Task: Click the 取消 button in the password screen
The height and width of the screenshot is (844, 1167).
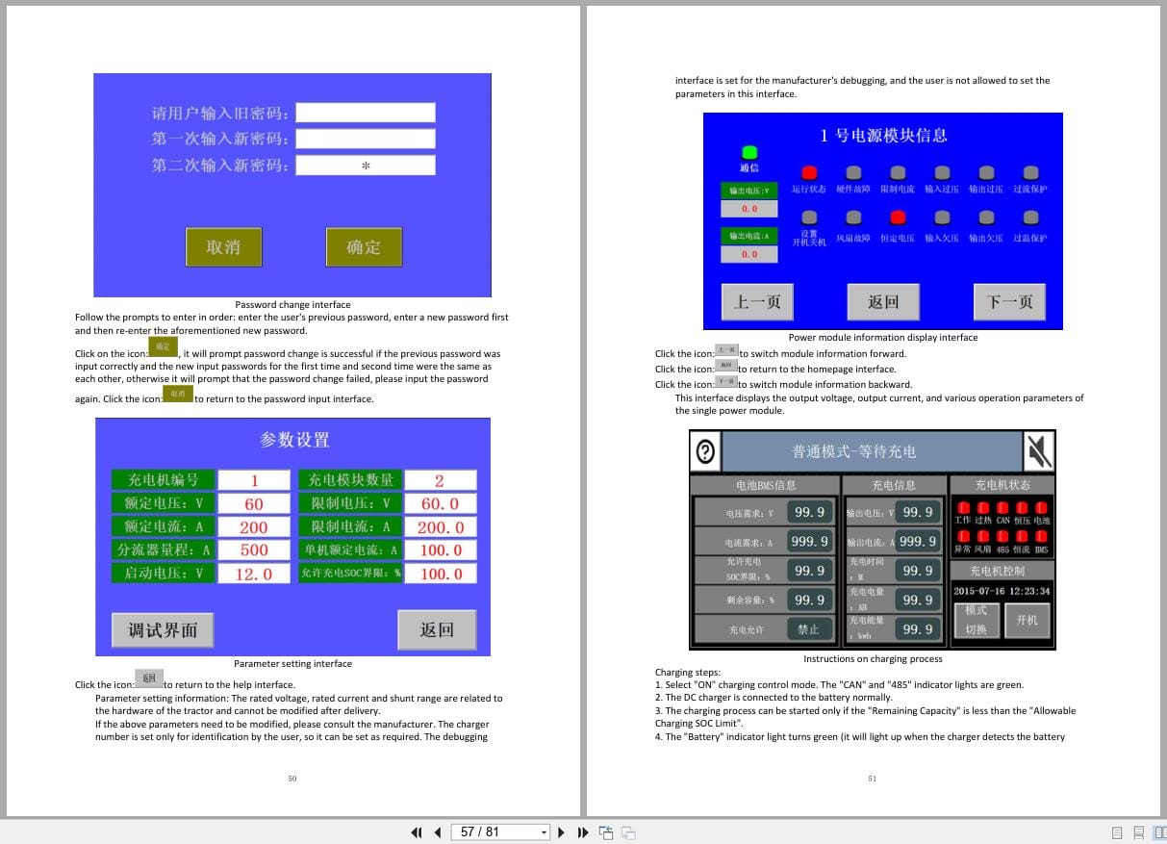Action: pos(223,247)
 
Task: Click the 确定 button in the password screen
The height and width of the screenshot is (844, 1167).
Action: pos(364,247)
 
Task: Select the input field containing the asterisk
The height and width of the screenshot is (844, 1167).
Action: pos(366,166)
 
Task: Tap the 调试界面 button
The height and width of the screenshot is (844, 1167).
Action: pos(163,629)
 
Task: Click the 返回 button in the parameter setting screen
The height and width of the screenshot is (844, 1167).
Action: pos(437,629)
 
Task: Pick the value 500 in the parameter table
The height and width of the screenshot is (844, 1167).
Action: pos(254,550)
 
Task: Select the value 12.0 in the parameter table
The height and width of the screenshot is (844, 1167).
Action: pos(254,574)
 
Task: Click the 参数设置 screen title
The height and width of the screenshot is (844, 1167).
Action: pos(294,440)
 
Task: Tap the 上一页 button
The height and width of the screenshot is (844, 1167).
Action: pos(758,302)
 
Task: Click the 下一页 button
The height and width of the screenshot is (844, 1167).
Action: pos(1009,302)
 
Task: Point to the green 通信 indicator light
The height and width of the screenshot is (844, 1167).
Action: pos(749,152)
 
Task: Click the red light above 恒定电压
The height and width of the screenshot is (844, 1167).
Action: pos(898,217)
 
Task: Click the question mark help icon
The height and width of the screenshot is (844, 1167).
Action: pos(705,451)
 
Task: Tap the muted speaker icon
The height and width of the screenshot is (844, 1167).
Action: pos(1039,451)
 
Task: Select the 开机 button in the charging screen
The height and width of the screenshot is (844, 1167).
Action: pos(1027,621)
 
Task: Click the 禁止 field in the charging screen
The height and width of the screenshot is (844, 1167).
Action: pos(808,629)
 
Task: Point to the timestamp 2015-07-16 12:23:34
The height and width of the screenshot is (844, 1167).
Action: pos(1002,591)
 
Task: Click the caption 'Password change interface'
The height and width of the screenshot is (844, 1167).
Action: pos(292,305)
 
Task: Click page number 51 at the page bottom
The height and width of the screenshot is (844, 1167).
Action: pos(872,779)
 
